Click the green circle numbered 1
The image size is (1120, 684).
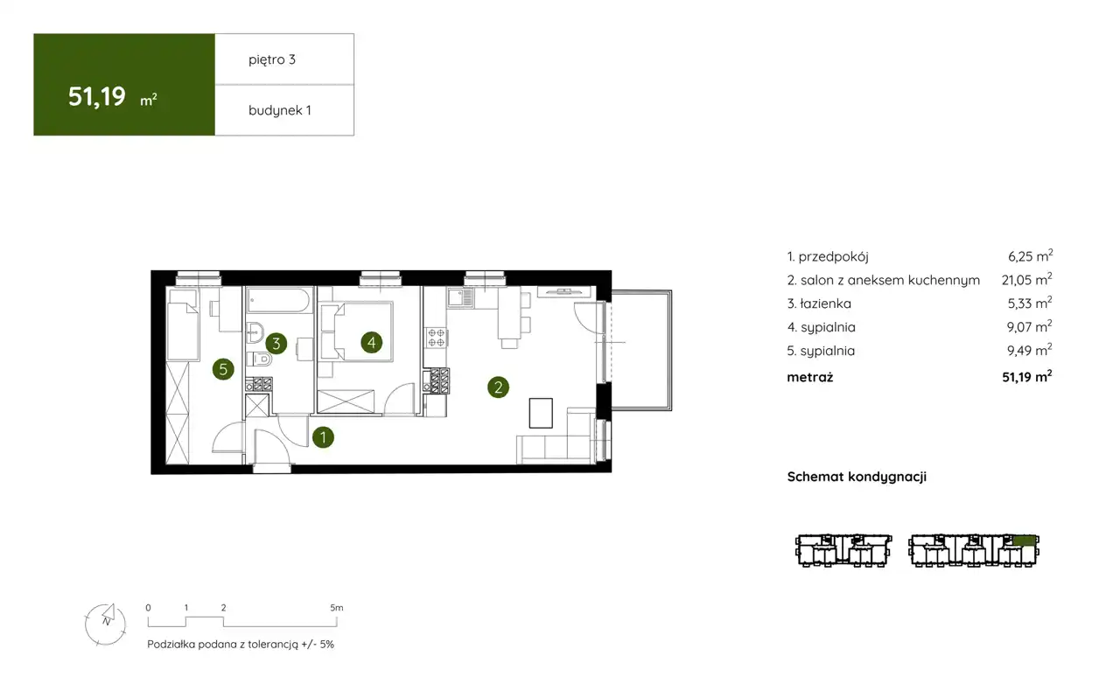(323, 437)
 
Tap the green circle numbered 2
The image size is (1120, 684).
(498, 387)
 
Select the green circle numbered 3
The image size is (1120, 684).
(276, 344)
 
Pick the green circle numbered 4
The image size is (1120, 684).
(372, 343)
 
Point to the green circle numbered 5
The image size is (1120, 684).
(223, 369)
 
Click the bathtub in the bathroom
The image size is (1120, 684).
(279, 300)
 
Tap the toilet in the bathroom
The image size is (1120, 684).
(260, 359)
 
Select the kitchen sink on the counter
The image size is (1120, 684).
(460, 297)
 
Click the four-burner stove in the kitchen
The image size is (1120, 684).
(436, 337)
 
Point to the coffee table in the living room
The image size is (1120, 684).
(541, 413)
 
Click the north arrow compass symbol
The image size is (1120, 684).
(106, 624)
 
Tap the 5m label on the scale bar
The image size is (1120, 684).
(337, 608)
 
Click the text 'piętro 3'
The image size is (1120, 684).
(272, 60)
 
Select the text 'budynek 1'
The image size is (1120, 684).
(280, 110)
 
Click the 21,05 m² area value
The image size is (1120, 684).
(1027, 279)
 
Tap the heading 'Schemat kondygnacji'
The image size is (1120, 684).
(857, 477)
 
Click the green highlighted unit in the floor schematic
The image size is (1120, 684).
(1024, 541)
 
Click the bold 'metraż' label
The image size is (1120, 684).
(810, 377)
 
